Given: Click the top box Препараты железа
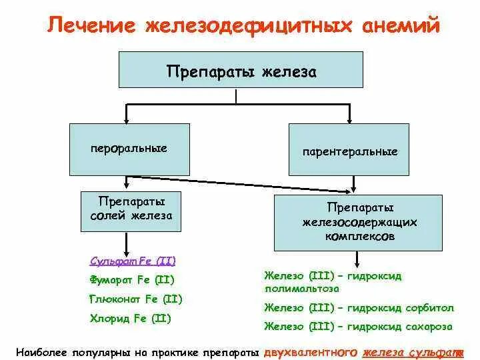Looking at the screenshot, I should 241,70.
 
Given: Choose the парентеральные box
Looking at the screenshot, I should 349,151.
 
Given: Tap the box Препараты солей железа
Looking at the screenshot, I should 131,209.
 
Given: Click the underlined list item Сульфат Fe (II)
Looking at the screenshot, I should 133,261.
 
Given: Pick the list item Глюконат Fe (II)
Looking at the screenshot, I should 135,299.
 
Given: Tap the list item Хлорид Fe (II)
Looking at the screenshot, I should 130,319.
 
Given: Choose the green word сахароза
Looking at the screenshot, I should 427,327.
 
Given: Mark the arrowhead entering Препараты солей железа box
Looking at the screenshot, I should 127,187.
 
